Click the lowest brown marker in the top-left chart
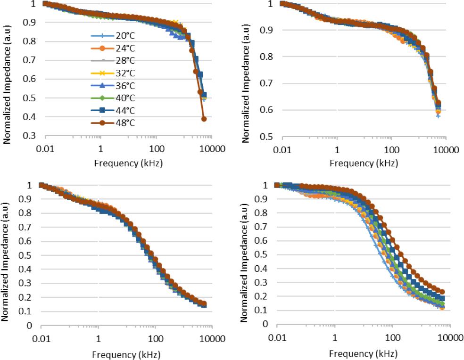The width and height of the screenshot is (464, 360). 204,119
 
